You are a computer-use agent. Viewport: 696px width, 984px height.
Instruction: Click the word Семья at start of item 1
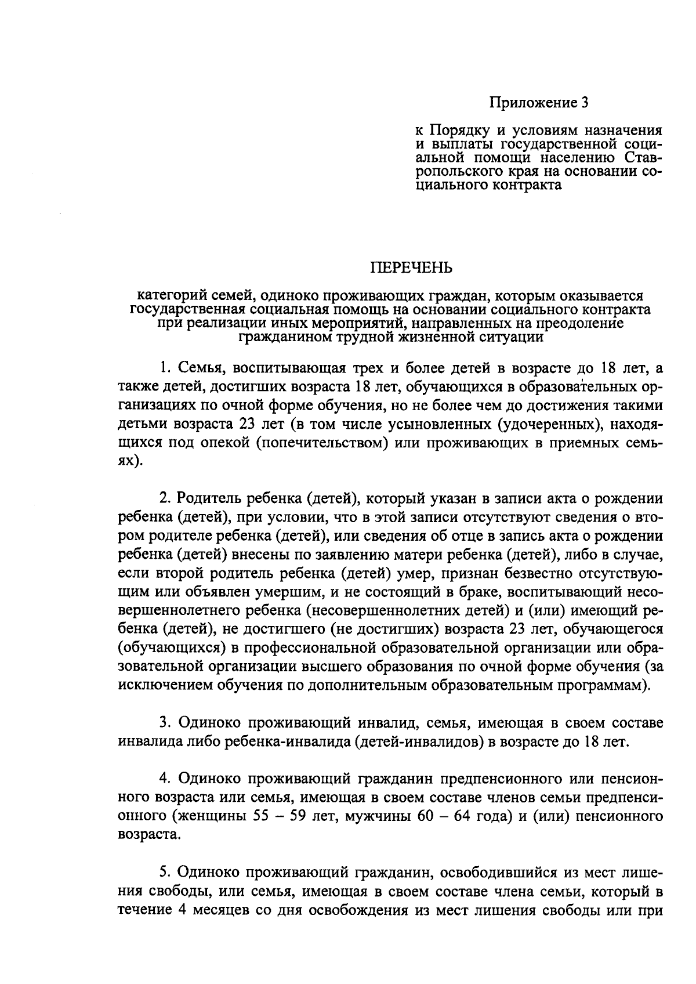[197, 368]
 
